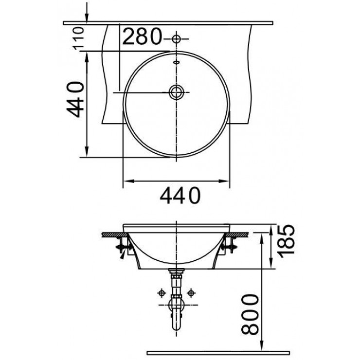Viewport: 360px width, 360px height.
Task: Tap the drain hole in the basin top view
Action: click(176, 91)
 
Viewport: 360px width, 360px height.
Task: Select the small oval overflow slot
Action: click(176, 62)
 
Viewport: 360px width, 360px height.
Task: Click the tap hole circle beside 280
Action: click(176, 37)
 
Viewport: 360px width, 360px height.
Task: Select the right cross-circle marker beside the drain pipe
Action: click(191, 293)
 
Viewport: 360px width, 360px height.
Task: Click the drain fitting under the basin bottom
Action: click(176, 275)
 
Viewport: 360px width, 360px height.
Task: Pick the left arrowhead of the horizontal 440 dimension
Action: click(125, 182)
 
